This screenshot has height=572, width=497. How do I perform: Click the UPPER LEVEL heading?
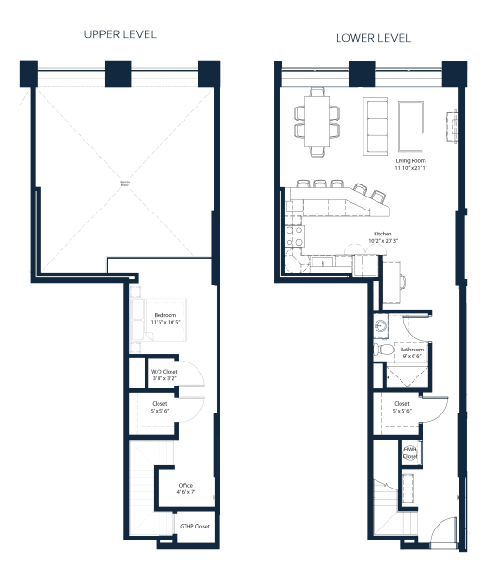pyautogui.click(x=120, y=34)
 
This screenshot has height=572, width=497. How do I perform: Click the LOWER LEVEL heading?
pyautogui.click(x=374, y=38)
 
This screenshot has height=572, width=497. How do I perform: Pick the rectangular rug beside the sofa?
pyautogui.click(x=412, y=125)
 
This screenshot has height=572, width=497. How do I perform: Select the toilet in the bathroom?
pyautogui.click(x=381, y=350)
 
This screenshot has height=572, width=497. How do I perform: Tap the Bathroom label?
pyautogui.click(x=412, y=350)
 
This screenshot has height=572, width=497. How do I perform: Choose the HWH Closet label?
pyautogui.click(x=409, y=452)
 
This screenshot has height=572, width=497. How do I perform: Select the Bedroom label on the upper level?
pyautogui.click(x=167, y=315)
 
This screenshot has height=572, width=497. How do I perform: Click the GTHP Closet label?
pyautogui.click(x=195, y=526)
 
